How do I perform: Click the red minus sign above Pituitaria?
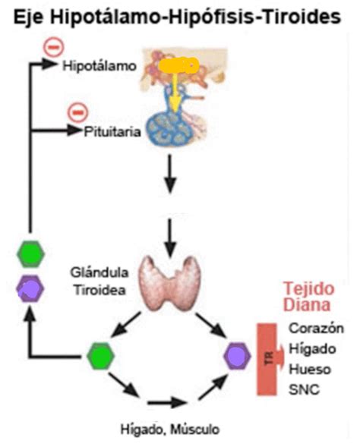[77, 112]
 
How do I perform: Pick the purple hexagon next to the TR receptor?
[238, 354]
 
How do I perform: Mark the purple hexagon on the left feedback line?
[31, 288]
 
